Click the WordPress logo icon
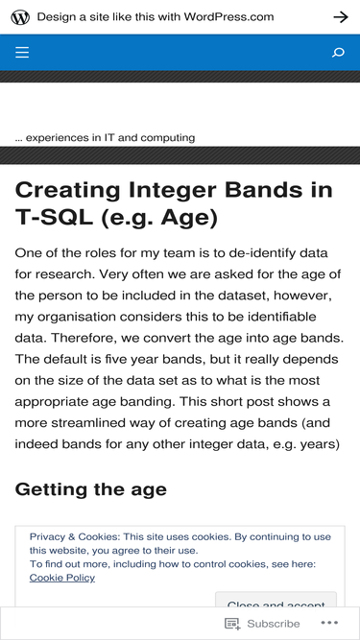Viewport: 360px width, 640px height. [x=20, y=17]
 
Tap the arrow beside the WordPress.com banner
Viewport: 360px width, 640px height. [x=341, y=16]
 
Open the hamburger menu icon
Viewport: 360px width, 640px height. [x=22, y=52]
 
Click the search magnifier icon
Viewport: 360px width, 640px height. [x=338, y=53]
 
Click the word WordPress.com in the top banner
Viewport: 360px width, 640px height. [x=228, y=16]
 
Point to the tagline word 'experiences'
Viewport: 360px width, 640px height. [x=58, y=138]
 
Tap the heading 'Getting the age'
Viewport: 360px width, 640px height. [x=90, y=489]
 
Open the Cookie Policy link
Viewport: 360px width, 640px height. [x=62, y=578]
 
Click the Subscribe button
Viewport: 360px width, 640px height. [x=262, y=624]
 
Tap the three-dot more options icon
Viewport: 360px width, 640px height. [x=329, y=623]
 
